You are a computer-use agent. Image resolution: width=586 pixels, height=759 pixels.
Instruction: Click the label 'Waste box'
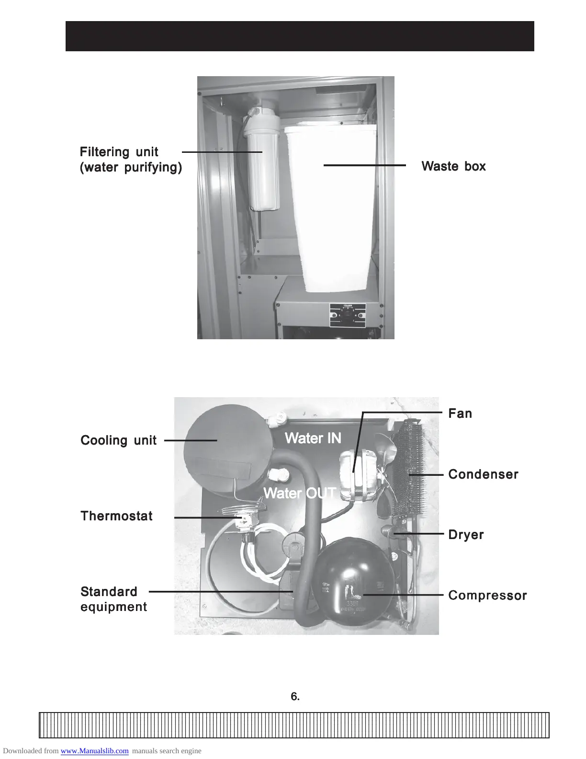[x=453, y=166]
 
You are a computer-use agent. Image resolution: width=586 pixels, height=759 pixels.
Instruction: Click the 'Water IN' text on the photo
[x=313, y=437]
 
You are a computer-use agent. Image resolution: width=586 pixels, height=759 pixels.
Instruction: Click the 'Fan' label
[x=460, y=413]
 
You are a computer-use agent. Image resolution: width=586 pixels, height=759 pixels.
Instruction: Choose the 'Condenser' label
[x=483, y=474]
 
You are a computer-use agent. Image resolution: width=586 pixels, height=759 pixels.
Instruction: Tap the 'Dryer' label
[x=466, y=535]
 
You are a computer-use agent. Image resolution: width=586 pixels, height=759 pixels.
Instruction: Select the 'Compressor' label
[x=487, y=596]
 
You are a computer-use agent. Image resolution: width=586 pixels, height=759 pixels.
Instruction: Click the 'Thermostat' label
[x=116, y=516]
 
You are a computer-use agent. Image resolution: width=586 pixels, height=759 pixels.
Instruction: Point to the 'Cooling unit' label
[x=118, y=440]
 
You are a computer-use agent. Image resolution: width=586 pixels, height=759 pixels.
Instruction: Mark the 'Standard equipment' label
[x=113, y=599]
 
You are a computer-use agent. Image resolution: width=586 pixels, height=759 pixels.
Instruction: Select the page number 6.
[x=295, y=697]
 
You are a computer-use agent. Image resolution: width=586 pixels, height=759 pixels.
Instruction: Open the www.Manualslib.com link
[x=95, y=751]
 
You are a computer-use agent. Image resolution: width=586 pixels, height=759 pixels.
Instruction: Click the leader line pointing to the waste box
[x=364, y=165]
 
